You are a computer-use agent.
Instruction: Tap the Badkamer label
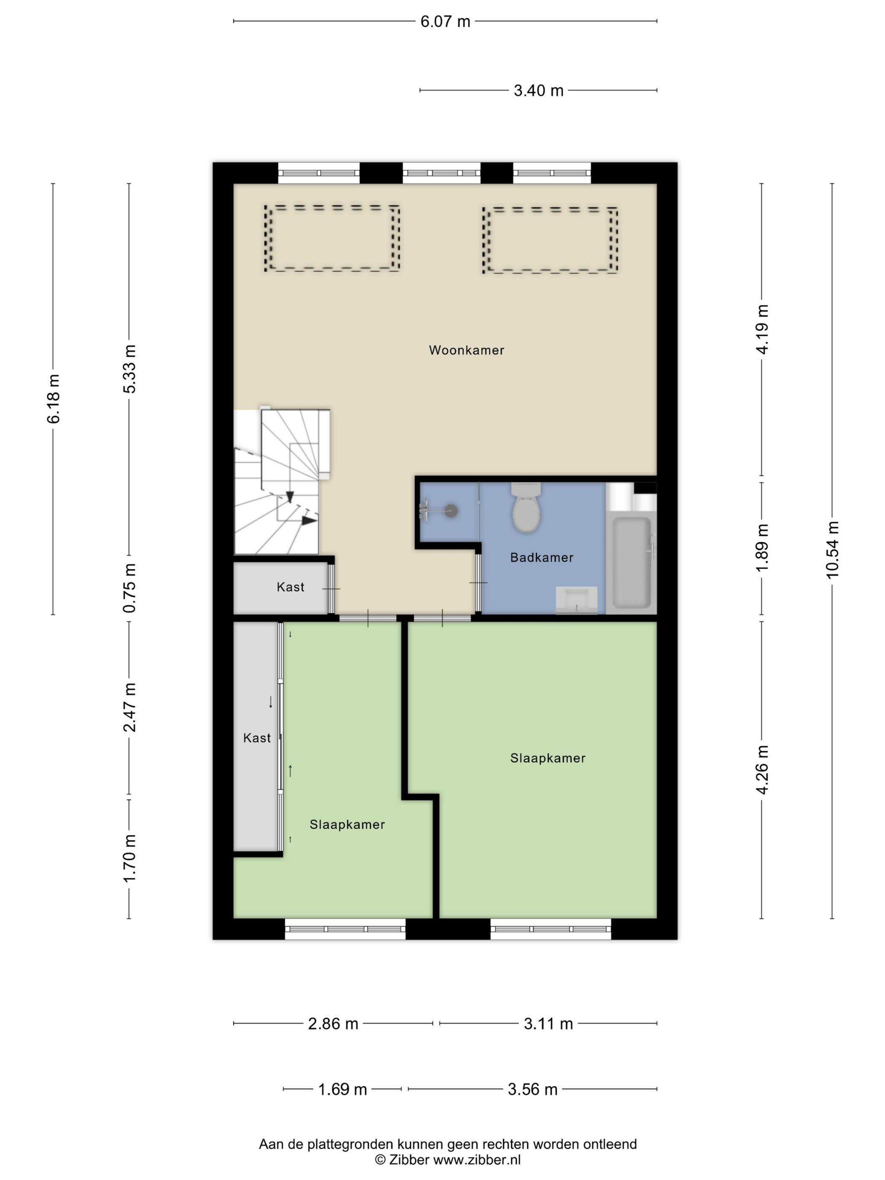tap(542, 558)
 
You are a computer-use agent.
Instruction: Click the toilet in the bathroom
tap(526, 508)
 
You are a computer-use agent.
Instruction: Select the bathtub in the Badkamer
tap(632, 562)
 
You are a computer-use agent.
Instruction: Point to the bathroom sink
tap(577, 600)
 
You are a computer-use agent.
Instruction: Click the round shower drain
tap(452, 510)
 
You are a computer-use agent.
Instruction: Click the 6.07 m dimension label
tap(445, 21)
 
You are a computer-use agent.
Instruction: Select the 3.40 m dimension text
tap(538, 91)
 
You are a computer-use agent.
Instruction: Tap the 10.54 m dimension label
tap(832, 550)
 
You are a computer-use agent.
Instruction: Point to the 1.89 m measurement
tap(762, 547)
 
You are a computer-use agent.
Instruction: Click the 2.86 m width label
tap(333, 1024)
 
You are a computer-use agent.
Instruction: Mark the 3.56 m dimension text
tap(532, 1089)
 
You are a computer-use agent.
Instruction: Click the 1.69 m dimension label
tap(343, 1089)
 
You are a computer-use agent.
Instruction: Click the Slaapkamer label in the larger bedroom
tap(548, 758)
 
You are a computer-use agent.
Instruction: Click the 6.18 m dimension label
tap(54, 399)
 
